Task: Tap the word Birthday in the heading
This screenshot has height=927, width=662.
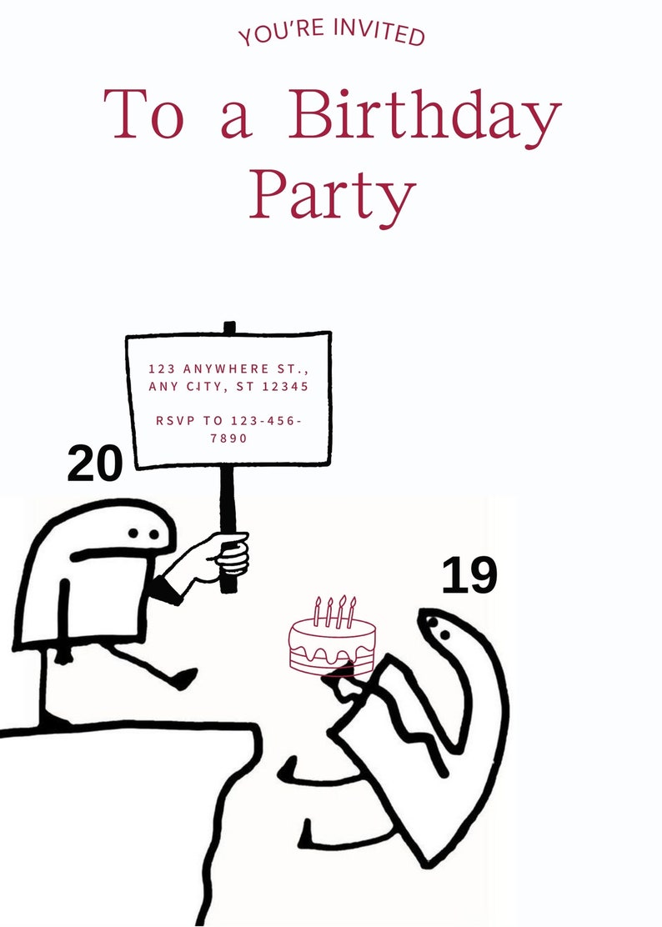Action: point(424,115)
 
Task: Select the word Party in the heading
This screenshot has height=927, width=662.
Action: point(332,195)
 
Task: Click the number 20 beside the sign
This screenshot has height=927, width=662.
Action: point(94,463)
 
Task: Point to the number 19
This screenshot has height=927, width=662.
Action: point(469,575)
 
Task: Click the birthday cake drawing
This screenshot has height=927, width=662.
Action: point(332,647)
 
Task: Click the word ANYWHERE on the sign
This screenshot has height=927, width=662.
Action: point(227,368)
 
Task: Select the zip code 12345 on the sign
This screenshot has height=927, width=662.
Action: point(283,387)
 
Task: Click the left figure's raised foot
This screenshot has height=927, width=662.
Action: point(184,678)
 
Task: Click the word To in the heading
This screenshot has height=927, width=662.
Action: point(143,115)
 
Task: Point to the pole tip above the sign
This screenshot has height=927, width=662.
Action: point(229,327)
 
